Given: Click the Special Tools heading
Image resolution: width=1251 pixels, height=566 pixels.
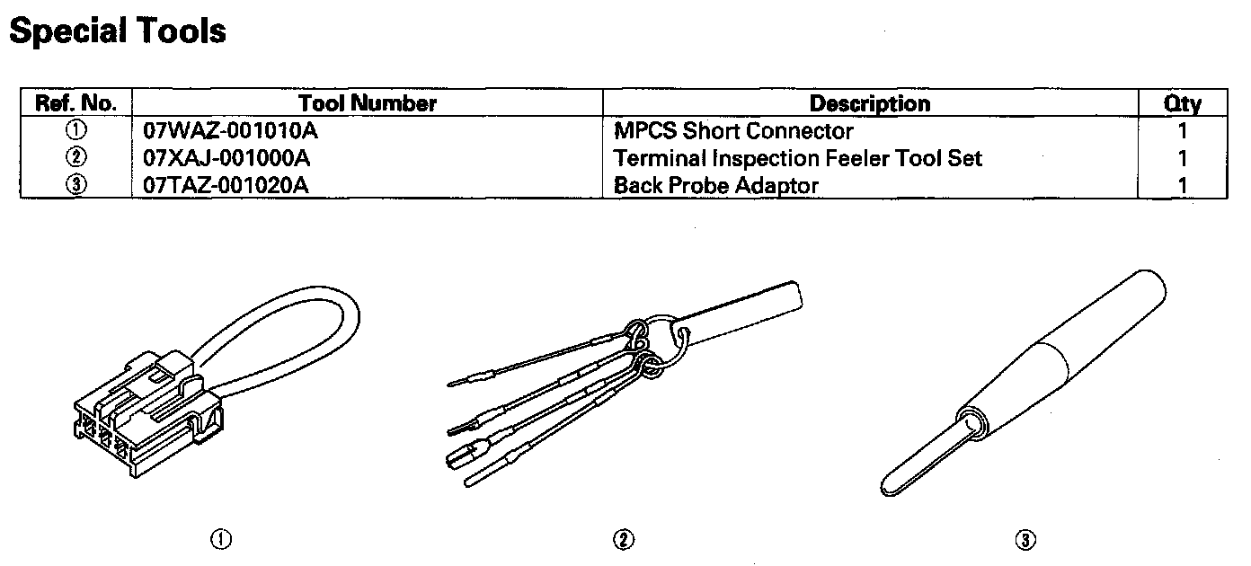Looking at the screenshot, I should [x=117, y=31].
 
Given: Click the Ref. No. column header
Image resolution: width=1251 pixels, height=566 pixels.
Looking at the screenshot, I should [x=75, y=103].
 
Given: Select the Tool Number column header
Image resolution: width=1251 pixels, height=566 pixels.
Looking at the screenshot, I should [x=368, y=103].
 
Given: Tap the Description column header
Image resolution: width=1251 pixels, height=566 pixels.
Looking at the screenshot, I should [x=870, y=103].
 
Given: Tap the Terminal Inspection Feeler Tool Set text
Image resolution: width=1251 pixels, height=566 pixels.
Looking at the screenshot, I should [x=798, y=159].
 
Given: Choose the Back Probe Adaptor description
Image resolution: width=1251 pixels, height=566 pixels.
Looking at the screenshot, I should [x=716, y=186].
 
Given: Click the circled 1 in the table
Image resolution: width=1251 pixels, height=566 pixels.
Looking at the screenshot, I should [x=75, y=131].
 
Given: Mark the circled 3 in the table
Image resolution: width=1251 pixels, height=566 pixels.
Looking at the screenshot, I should [x=75, y=186].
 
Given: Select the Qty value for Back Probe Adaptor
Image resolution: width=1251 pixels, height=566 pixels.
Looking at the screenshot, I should [x=1183, y=186].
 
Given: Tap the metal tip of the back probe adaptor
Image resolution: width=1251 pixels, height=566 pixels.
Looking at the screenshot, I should [x=917, y=458].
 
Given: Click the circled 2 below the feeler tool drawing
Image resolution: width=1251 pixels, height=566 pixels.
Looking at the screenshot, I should [x=624, y=539].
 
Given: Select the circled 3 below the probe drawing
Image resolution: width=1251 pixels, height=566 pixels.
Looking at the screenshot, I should [x=1025, y=539].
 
